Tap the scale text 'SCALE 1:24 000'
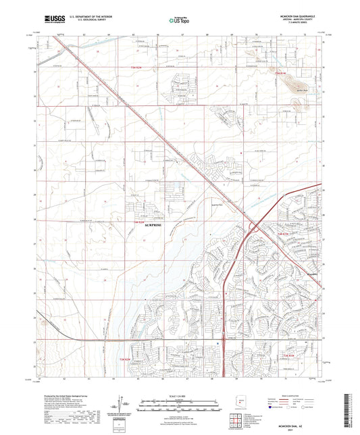(x=180, y=394)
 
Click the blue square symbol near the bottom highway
(x=217, y=342)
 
